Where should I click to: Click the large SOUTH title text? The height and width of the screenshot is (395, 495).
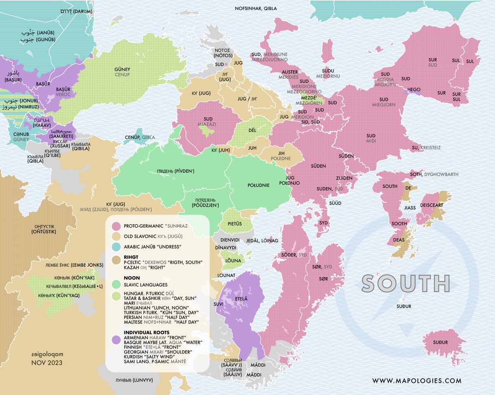pos(405,283)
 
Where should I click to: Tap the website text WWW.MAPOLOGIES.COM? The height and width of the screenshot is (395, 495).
pos(417,381)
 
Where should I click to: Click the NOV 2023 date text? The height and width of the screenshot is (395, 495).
pos(47,363)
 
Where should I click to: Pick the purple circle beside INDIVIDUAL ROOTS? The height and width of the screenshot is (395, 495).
pos(117,339)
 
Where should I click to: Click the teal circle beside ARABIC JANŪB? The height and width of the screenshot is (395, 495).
pos(117,247)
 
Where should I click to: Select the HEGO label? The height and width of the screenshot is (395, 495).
pos(413,89)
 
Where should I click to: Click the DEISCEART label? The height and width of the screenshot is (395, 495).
pos(431,204)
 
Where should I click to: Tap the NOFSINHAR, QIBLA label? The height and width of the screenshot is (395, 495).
pos(256,8)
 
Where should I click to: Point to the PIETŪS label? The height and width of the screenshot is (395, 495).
pos(234,224)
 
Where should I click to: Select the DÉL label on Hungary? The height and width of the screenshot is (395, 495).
pos(252,130)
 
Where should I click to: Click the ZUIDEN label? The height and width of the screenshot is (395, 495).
pos(344,178)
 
